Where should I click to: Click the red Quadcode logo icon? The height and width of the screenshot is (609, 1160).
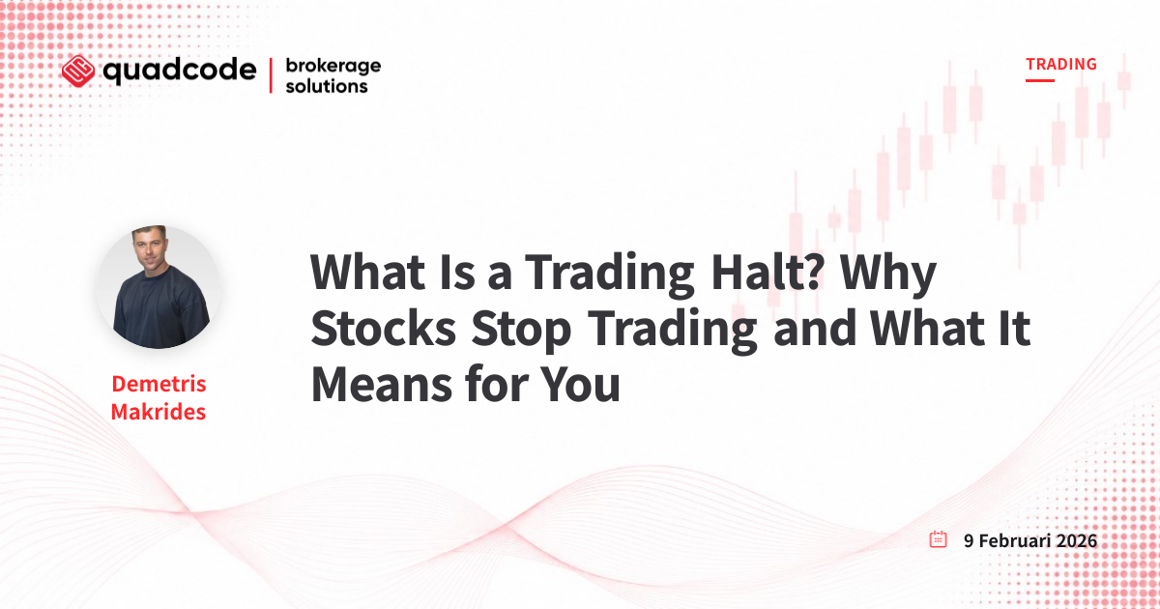point(78,71)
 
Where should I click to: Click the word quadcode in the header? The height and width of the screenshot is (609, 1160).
point(180,71)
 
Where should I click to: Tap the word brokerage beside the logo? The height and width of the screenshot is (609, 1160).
point(333,67)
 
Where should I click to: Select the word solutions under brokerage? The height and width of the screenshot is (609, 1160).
point(327,86)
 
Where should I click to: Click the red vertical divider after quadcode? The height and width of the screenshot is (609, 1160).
point(271,75)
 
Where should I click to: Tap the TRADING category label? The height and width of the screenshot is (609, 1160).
point(1061,64)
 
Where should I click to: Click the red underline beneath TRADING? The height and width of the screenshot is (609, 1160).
point(1040,80)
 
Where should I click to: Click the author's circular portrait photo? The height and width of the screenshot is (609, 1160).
point(159,286)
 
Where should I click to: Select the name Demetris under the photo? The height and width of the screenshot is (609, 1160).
point(159,384)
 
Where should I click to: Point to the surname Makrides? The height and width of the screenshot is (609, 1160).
point(159,412)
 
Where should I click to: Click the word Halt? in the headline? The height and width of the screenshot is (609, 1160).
point(767,273)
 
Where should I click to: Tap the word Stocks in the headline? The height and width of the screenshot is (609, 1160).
point(383,329)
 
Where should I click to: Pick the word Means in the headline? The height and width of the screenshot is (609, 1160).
point(382,385)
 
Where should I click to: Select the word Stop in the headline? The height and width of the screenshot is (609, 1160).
point(521,331)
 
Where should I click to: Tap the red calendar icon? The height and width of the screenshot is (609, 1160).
point(938,539)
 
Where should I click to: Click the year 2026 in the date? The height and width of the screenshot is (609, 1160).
point(1077,540)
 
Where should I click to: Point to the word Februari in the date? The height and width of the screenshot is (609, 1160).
point(1014,540)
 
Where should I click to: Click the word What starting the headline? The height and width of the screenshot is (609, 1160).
point(367,273)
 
